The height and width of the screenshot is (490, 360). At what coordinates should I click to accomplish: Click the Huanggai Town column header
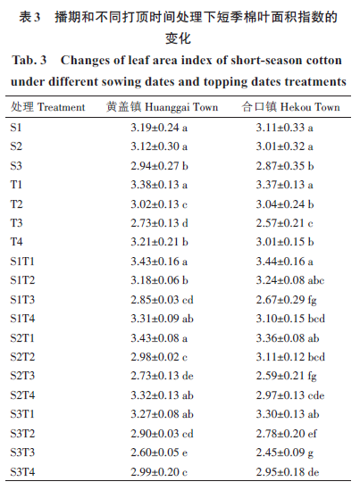tap(162, 107)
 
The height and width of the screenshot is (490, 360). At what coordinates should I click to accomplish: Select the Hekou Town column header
tap(290, 107)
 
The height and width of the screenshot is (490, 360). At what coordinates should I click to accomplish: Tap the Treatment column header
tap(48, 107)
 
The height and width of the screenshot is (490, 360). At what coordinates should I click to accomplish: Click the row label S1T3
tap(22, 299)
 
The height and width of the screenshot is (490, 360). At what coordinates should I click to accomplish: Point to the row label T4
tap(16, 242)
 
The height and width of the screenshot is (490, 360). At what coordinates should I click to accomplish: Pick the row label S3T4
tap(22, 471)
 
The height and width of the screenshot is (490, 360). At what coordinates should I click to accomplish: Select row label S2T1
tap(22, 337)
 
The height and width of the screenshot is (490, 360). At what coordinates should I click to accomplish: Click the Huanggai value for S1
tap(159, 128)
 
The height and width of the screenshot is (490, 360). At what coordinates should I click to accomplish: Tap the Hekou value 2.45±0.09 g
tap(285, 453)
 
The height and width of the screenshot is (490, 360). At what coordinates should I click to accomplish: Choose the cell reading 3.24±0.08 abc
tap(290, 280)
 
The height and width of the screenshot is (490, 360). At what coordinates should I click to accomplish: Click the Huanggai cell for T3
tap(159, 223)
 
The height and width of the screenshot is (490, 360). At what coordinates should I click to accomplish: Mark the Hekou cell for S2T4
tap(290, 395)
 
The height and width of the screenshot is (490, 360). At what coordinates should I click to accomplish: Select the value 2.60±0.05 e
tap(159, 453)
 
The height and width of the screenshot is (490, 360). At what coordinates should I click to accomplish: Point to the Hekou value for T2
tap(285, 204)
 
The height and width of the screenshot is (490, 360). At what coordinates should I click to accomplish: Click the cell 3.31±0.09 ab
tap(162, 319)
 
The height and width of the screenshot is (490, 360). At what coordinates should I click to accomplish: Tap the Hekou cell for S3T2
tap(286, 434)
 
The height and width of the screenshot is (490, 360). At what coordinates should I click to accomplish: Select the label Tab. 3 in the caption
tap(29, 60)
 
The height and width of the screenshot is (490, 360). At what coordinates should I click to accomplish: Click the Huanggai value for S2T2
tap(159, 356)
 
